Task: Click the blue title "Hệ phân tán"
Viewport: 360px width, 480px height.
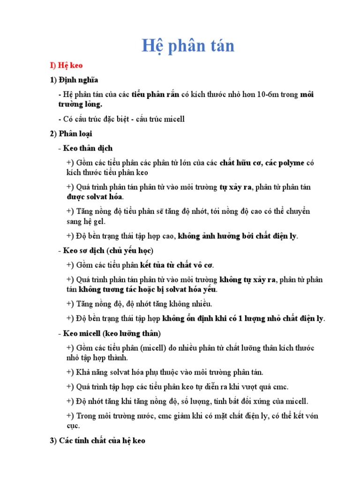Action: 188,46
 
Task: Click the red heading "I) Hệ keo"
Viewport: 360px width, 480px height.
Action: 67,66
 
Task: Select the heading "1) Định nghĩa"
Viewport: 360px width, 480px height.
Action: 74,80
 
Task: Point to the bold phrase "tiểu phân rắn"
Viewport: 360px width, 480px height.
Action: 155,95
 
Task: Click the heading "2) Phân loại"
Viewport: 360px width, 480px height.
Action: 71,134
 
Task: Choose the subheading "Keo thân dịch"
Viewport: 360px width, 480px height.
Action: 88,148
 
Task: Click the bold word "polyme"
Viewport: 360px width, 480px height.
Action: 290,163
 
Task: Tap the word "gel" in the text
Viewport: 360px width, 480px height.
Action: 99,221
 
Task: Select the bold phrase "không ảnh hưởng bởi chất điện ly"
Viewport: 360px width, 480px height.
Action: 238,236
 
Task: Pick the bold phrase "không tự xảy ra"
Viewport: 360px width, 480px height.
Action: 248,280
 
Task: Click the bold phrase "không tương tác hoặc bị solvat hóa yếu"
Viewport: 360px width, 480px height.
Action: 148,290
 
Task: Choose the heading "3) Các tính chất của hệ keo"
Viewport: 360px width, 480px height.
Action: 97,441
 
